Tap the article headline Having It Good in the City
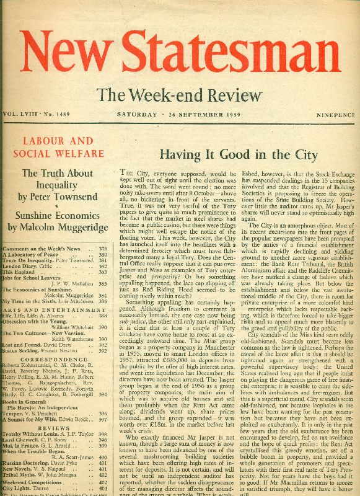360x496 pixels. click(x=230, y=155)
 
